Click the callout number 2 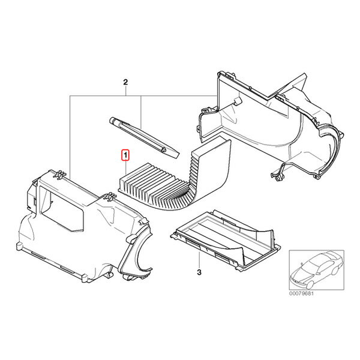[x=125, y=82]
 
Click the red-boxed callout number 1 [x=125, y=155]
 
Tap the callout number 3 [x=199, y=272]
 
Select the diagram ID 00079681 [x=301, y=293]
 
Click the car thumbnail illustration [x=316, y=270]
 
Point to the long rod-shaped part [x=144, y=137]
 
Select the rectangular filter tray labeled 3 [x=225, y=239]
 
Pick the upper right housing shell [x=271, y=124]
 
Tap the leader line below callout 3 [x=199, y=259]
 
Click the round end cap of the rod [x=112, y=120]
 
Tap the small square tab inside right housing [x=238, y=101]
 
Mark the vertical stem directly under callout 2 [x=125, y=91]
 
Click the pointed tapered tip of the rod [x=176, y=157]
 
